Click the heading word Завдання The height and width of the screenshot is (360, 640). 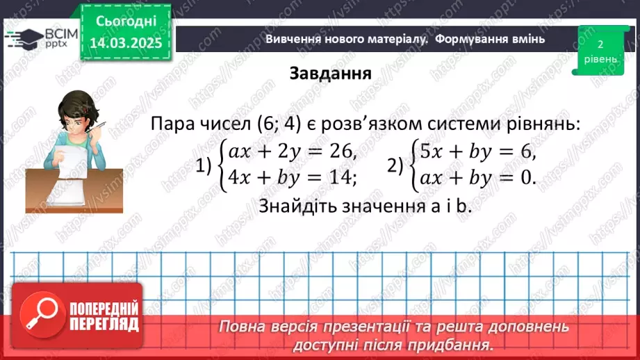click(330, 74)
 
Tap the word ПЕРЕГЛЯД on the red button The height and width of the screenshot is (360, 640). click(104, 325)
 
